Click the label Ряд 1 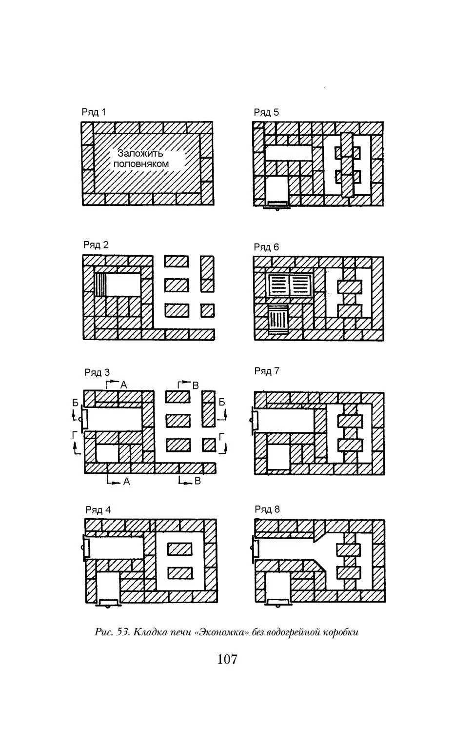tap(94, 112)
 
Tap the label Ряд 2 tap(96, 244)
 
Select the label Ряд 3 tap(97, 372)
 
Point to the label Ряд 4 tap(98, 510)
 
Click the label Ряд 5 tap(266, 112)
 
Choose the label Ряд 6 tap(266, 247)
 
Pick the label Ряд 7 tap(267, 371)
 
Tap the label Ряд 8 tap(267, 509)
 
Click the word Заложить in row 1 tap(140, 153)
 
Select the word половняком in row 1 tap(141, 163)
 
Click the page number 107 tap(227, 659)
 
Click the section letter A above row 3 tap(123, 385)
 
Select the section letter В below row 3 tap(197, 481)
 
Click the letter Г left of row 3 tap(75, 435)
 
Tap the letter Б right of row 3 tap(222, 402)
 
